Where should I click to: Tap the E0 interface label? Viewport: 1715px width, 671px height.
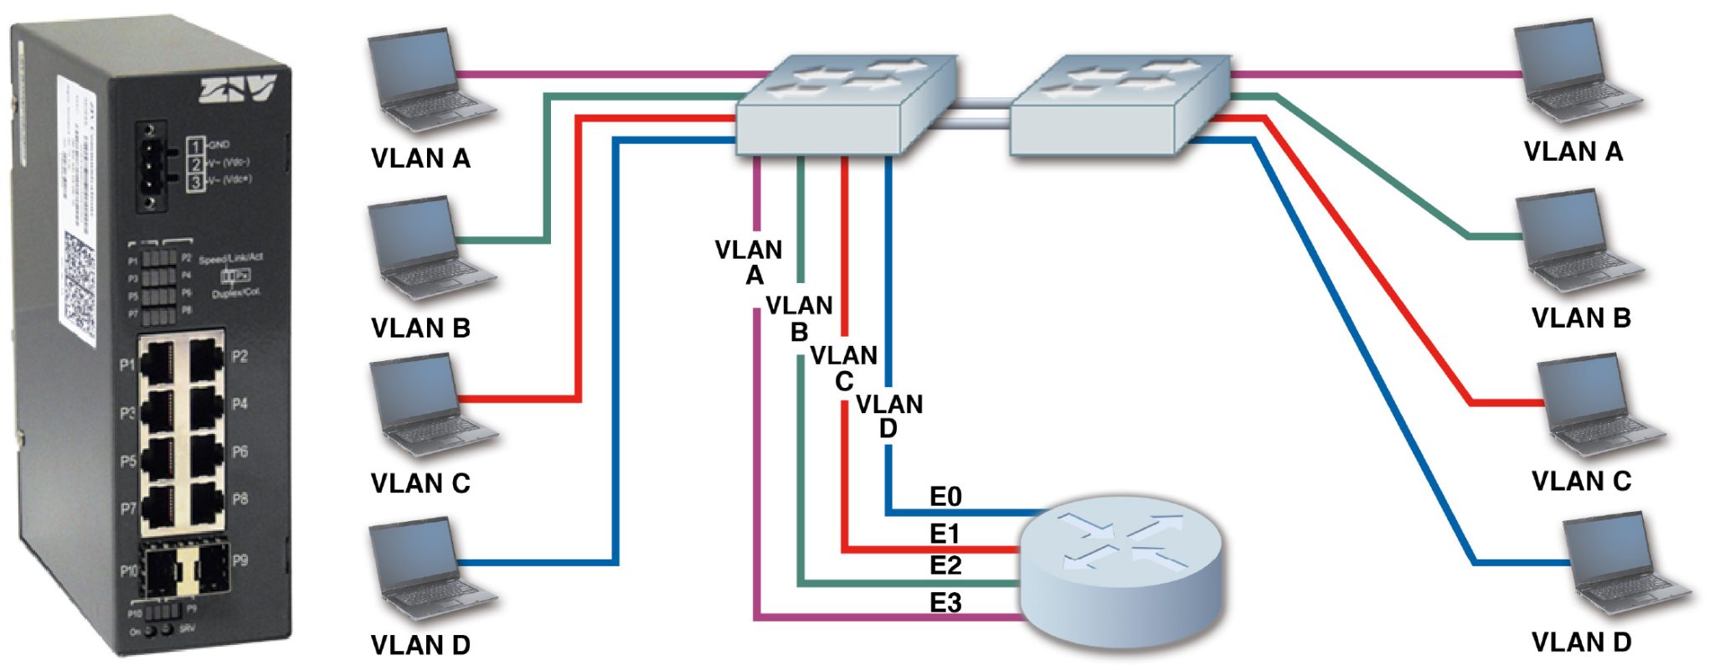(945, 497)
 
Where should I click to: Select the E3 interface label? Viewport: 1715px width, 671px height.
(945, 601)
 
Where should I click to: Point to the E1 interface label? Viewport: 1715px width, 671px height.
(945, 533)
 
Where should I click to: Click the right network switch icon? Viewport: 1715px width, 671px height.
(1120, 105)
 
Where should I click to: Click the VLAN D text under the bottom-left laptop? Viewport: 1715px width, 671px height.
(420, 645)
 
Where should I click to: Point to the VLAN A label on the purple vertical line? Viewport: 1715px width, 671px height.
(749, 262)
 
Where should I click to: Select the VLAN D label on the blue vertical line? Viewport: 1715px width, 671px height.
(889, 416)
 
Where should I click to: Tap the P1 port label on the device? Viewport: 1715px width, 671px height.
(127, 365)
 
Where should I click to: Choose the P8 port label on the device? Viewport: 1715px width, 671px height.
(239, 499)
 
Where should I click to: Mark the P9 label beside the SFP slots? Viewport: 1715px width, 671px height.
(239, 560)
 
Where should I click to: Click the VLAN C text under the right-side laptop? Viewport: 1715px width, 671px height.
(1581, 482)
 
